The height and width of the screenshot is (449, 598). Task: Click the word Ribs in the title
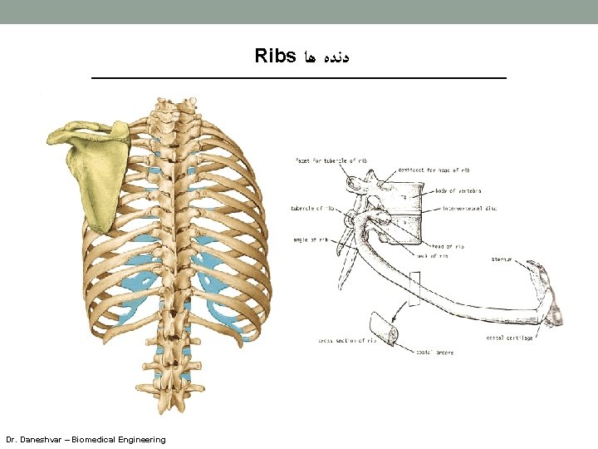tap(276, 57)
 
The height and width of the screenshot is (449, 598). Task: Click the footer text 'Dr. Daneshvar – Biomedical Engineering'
tap(86, 439)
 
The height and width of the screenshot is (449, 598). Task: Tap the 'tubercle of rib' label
tap(312, 208)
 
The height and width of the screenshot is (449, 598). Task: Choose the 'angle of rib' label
tap(311, 239)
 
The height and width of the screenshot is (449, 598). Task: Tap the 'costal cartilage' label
tap(510, 338)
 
